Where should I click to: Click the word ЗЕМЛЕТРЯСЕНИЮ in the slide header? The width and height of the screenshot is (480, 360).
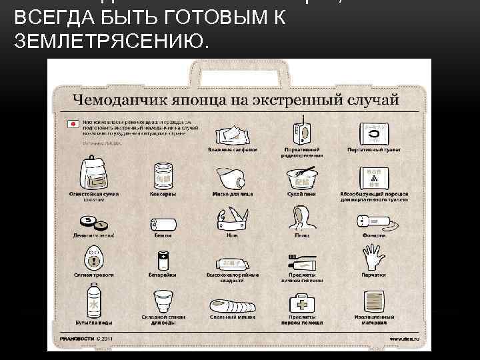(111, 41)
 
